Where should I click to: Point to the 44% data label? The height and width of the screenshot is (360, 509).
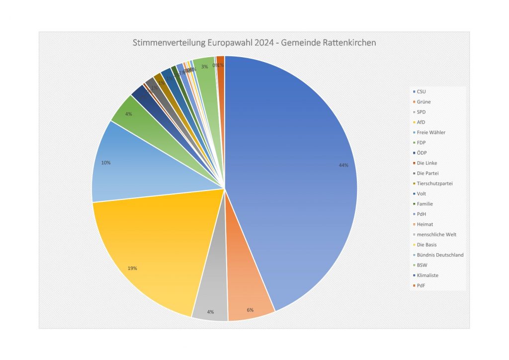point(343,165)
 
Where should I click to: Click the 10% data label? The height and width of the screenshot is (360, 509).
point(106,163)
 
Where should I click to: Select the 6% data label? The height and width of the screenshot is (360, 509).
point(250,310)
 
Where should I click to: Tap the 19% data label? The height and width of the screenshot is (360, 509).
point(132,269)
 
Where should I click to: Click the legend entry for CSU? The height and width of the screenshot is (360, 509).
point(421,91)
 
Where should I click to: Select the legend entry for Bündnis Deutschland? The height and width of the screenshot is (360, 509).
point(440,255)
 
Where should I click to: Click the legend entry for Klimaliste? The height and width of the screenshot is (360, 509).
point(427,275)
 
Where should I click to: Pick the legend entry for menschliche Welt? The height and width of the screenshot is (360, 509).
point(436,234)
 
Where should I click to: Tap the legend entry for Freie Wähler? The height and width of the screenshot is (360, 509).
point(431,132)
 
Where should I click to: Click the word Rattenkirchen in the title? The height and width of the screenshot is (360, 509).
point(347,43)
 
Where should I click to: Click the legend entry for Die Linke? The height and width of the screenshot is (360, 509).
point(427,163)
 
